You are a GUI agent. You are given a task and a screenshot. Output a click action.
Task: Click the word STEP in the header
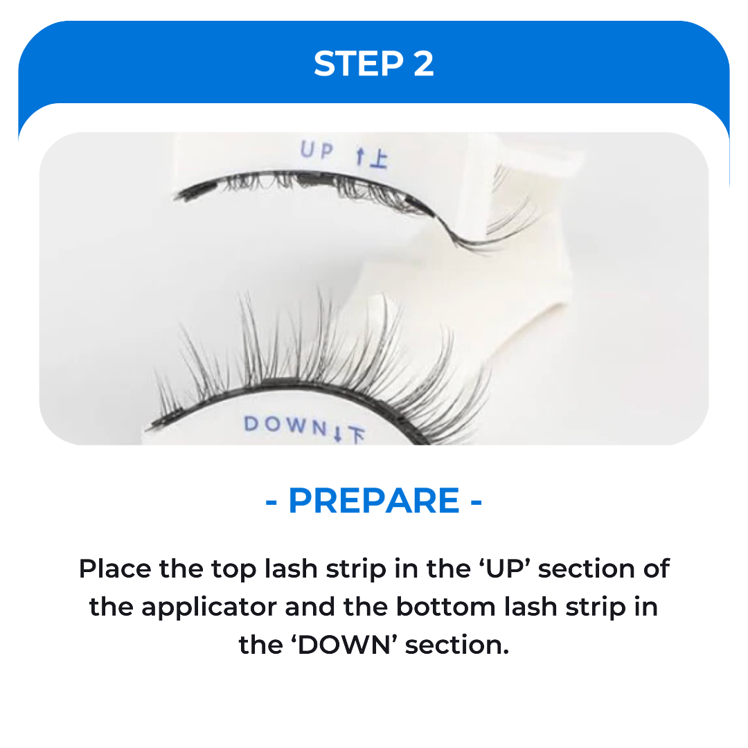(359, 64)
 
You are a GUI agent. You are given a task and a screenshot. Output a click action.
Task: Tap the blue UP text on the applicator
(317, 150)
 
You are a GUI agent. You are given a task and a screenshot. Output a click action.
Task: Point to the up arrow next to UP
(360, 157)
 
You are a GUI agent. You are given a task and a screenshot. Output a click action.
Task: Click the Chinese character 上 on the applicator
(379, 159)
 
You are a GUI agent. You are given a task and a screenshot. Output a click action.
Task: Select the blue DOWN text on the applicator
(285, 425)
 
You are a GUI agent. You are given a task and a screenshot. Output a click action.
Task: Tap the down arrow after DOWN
(337, 434)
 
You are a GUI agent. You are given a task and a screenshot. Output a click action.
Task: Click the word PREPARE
(374, 501)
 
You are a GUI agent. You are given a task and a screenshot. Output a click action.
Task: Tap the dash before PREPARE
(271, 502)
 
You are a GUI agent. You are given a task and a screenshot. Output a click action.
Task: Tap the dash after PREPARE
(476, 502)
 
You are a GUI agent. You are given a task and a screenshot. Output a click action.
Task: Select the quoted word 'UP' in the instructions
(506, 569)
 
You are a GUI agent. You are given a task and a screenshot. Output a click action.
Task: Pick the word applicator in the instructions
(209, 608)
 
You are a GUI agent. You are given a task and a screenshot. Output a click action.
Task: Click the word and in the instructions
(310, 607)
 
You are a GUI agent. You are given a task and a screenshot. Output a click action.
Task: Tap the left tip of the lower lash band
(149, 428)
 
